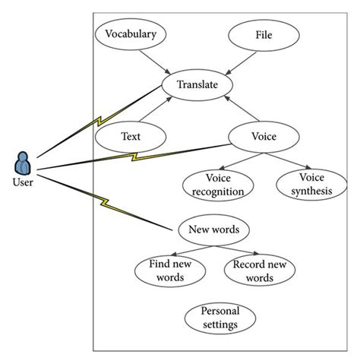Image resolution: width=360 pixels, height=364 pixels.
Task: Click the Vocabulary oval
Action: point(131,34)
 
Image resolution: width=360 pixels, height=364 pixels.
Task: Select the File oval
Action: point(263,34)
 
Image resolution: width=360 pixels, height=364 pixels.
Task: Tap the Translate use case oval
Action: point(197,84)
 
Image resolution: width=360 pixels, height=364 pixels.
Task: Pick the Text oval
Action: point(131,137)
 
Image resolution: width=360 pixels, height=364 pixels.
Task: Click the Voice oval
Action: point(263,137)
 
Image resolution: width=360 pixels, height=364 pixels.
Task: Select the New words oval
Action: point(213,229)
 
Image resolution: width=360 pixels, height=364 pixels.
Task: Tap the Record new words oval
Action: point(260,270)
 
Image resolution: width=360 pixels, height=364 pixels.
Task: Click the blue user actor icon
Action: point(23,163)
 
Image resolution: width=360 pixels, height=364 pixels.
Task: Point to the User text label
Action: point(23,182)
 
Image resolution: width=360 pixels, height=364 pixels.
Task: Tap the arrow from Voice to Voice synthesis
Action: point(289,160)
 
